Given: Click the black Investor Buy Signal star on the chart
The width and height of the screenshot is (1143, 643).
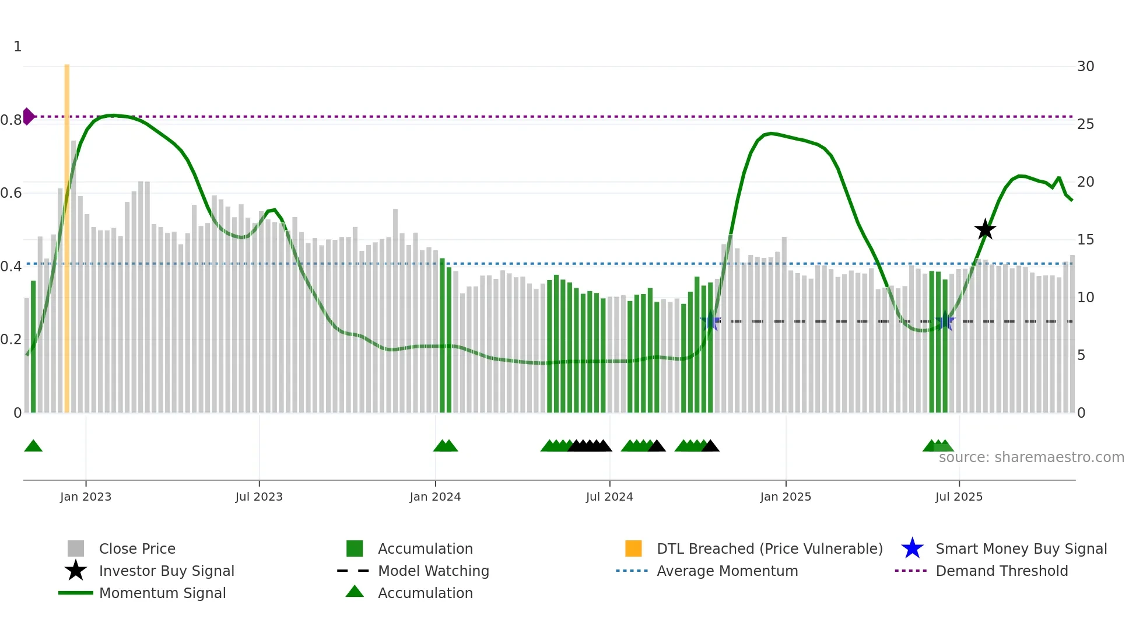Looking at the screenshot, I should pyautogui.click(x=985, y=229).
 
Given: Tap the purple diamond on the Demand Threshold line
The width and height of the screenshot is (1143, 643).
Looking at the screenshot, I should pyautogui.click(x=28, y=116).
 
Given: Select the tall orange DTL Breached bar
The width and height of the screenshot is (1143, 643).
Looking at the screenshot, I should pyautogui.click(x=66, y=233).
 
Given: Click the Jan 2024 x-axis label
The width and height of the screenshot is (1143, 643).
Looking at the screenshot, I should pyautogui.click(x=435, y=497).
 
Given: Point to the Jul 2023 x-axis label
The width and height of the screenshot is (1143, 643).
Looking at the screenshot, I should pyautogui.click(x=259, y=497).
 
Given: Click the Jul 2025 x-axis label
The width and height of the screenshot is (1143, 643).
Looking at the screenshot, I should pyautogui.click(x=959, y=497).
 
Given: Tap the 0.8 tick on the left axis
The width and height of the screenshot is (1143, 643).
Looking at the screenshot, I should pyautogui.click(x=11, y=120).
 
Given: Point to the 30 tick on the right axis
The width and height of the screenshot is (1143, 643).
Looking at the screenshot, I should pyautogui.click(x=1085, y=67).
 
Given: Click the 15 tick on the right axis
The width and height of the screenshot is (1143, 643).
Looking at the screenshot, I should pyautogui.click(x=1085, y=240).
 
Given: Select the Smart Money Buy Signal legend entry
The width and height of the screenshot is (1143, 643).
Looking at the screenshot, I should pyautogui.click(x=1021, y=548).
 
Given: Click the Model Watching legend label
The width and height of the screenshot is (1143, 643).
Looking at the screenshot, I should pyautogui.click(x=433, y=571).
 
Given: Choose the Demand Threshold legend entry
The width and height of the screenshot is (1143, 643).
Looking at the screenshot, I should pyautogui.click(x=1001, y=571).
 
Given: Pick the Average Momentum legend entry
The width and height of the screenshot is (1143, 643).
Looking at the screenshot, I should pyautogui.click(x=727, y=571).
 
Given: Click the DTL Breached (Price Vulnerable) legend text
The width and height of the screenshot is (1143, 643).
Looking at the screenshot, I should pyautogui.click(x=769, y=548).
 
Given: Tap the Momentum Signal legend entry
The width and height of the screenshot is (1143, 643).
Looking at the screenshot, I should pyautogui.click(x=162, y=593).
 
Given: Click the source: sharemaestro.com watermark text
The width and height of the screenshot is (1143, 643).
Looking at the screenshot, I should pyautogui.click(x=1031, y=457).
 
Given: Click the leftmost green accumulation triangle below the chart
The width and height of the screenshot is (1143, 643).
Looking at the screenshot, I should pyautogui.click(x=33, y=446).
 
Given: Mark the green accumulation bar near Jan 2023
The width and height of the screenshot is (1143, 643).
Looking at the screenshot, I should pyautogui.click(x=33, y=347).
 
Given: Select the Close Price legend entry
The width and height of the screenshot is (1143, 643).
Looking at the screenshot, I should pyautogui.click(x=137, y=548).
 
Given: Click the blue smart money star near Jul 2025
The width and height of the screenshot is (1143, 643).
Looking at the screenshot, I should pyautogui.click(x=945, y=321).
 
